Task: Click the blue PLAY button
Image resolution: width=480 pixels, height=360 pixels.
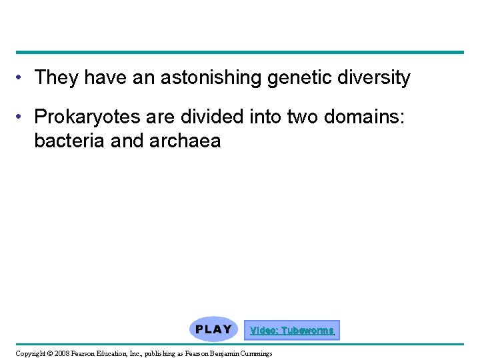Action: (213, 329)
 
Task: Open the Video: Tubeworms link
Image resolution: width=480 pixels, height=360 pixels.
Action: (291, 331)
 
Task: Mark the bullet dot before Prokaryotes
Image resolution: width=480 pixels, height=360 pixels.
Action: (22, 118)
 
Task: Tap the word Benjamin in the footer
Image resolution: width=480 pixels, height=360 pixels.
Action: (219, 353)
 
